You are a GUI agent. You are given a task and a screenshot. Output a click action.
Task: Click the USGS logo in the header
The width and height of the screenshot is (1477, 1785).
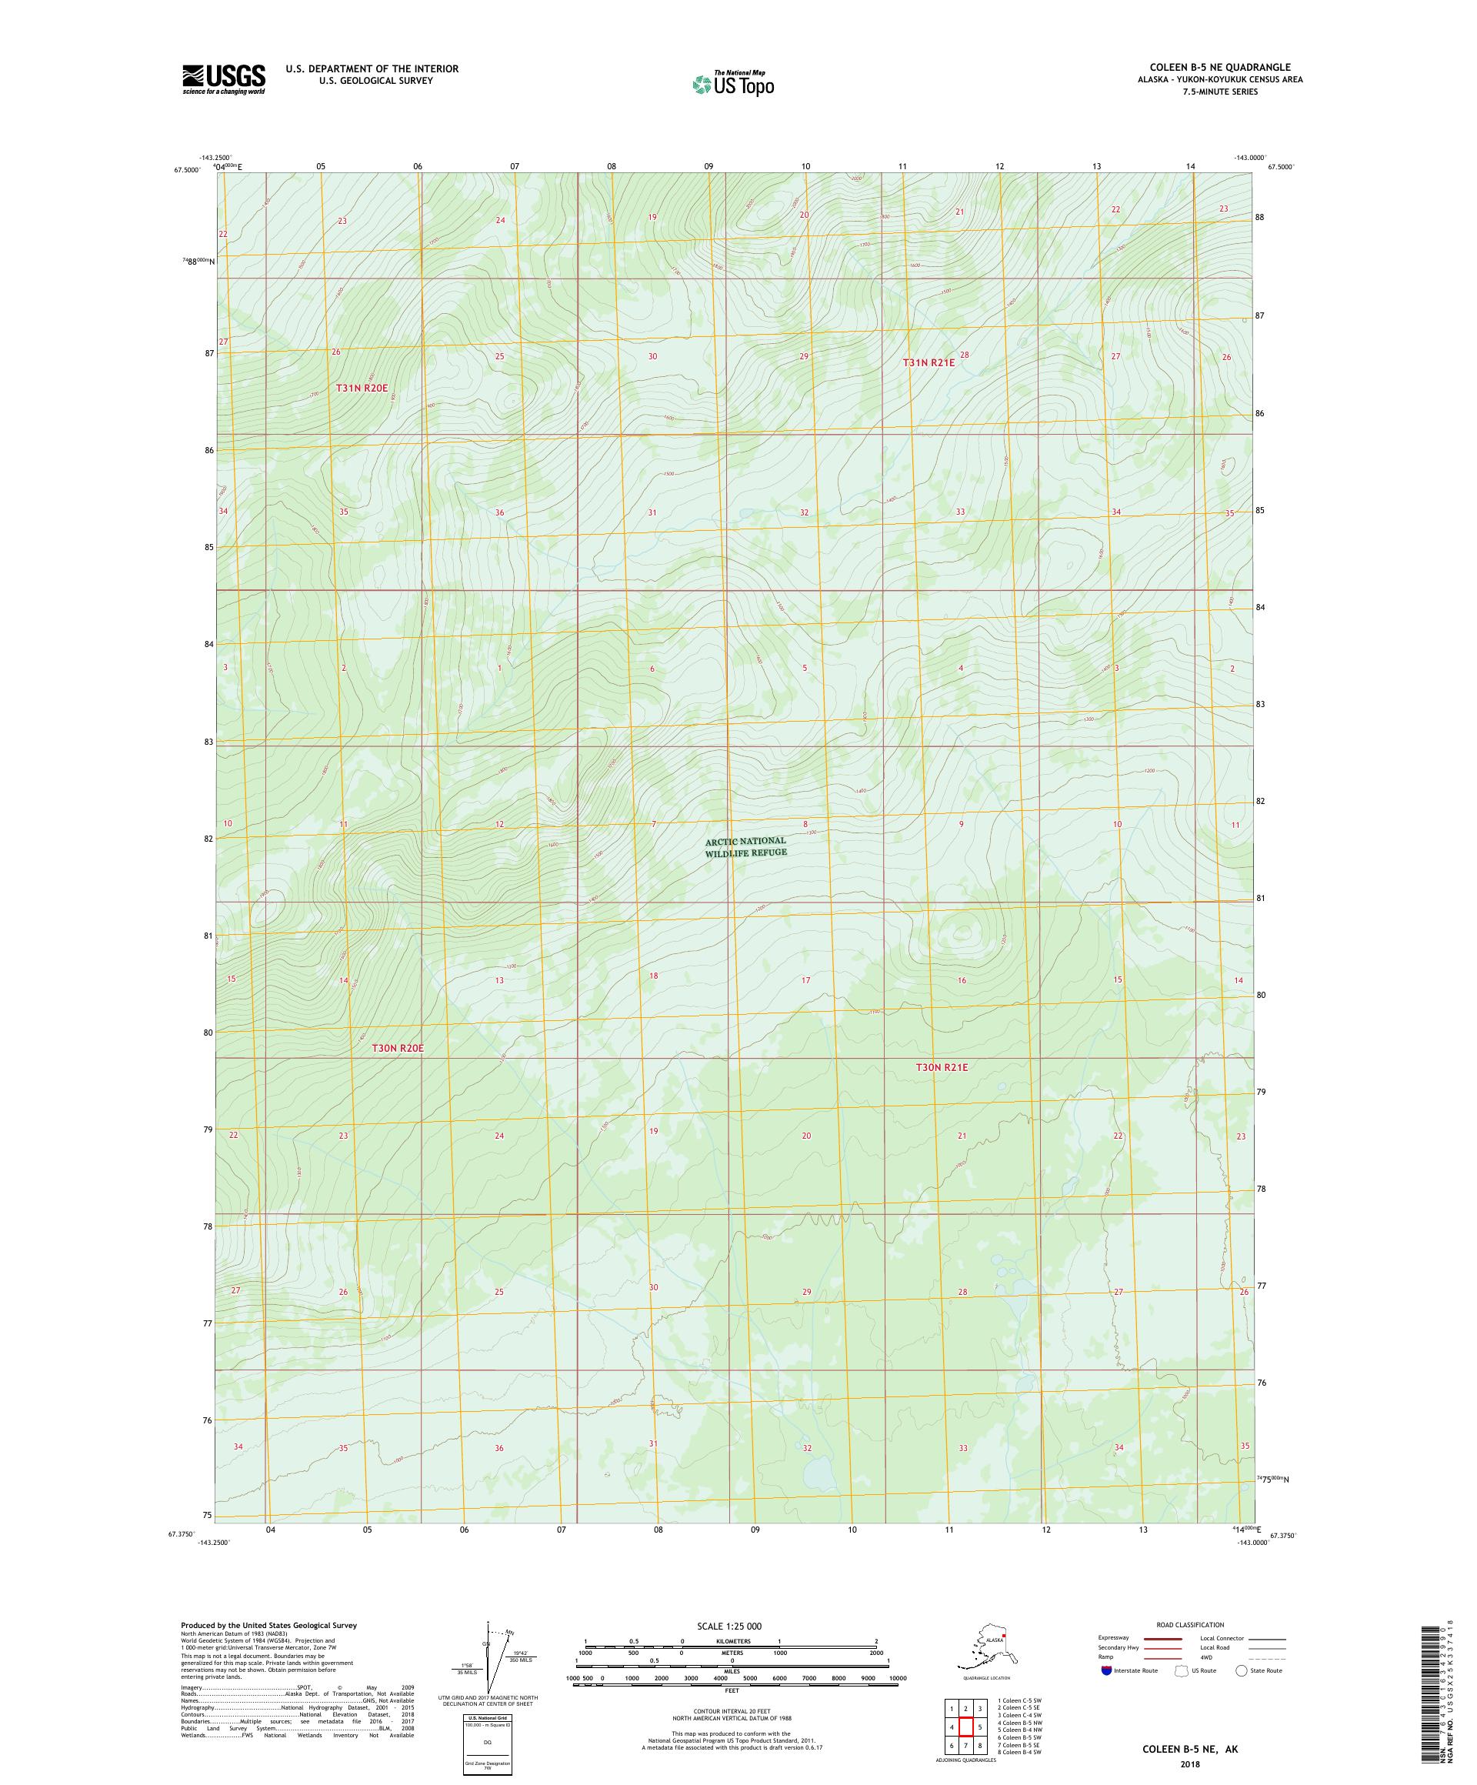pyautogui.click(x=222, y=80)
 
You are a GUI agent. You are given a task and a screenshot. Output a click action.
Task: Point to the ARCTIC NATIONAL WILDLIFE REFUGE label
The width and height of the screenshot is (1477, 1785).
pyautogui.click(x=745, y=846)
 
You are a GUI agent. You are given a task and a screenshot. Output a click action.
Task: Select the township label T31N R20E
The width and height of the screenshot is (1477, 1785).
pyautogui.click(x=367, y=388)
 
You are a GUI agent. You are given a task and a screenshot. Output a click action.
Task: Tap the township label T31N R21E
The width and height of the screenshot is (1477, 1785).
pyautogui.click(x=928, y=362)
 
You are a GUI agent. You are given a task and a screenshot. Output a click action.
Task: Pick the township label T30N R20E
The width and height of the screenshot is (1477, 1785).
pyautogui.click(x=397, y=1048)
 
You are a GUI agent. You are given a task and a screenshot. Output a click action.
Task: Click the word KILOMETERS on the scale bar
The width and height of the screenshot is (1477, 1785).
pyautogui.click(x=732, y=1641)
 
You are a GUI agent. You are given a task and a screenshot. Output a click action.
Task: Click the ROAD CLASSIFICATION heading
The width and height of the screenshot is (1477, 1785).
pyautogui.click(x=1190, y=1624)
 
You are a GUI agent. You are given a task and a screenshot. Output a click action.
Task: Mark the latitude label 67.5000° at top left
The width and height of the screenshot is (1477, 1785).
pyautogui.click(x=187, y=169)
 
